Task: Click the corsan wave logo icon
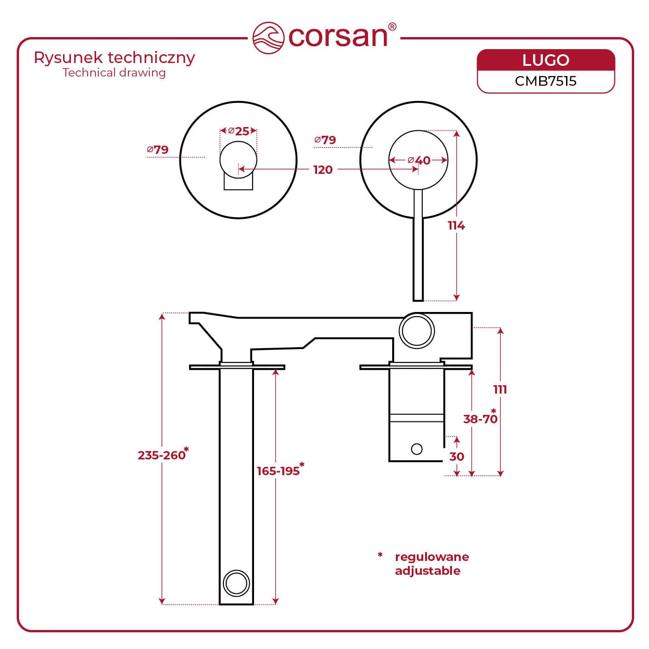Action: coord(268,37)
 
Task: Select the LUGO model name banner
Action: coord(546,60)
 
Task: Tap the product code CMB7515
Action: coord(546,81)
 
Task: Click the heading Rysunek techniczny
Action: coord(115,58)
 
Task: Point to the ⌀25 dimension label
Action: coord(239,131)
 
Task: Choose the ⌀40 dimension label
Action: coord(419,160)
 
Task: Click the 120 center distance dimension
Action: coord(323,170)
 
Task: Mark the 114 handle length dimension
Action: coord(456,225)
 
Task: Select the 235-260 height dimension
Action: coord(162,455)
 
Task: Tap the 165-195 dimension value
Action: coord(279,471)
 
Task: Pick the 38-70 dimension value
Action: coord(480,419)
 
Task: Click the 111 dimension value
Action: coord(500,389)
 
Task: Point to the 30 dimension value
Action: coord(457,457)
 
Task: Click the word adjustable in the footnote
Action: coord(427,571)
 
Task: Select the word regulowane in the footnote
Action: coord(432,557)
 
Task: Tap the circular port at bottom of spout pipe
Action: coord(236,582)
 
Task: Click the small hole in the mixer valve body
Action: coord(417,449)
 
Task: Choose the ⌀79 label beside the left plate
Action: coord(158,150)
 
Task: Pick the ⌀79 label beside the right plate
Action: coord(325,140)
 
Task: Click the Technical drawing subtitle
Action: coord(114,73)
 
